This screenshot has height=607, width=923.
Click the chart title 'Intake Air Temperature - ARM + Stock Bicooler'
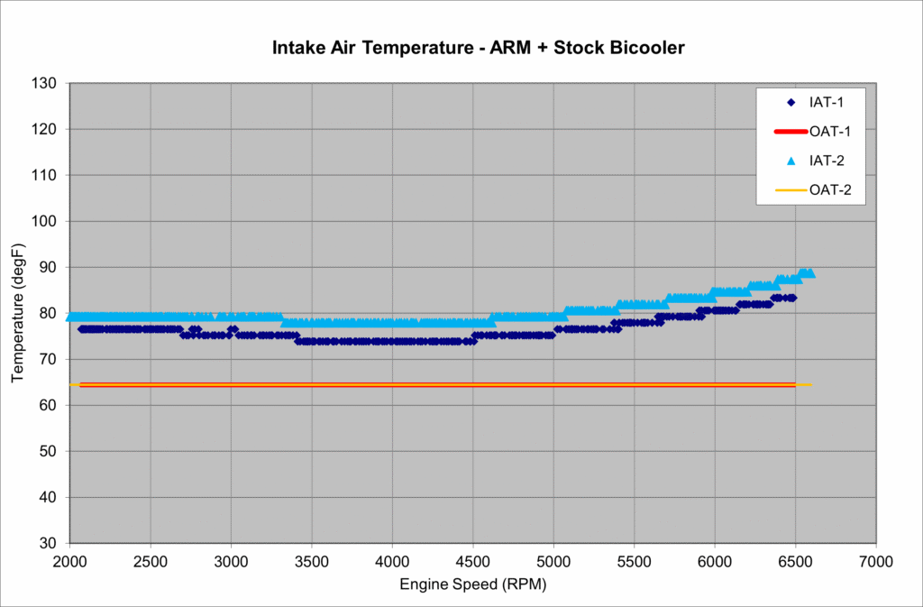coord(479,47)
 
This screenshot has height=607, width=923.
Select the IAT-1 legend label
coord(826,101)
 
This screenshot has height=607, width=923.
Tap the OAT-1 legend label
coord(830,131)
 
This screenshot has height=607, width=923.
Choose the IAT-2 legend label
coord(826,161)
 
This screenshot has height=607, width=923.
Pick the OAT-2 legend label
coord(830,190)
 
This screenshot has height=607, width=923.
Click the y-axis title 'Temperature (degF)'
coord(18,313)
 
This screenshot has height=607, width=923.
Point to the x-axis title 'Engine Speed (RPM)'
coord(472,584)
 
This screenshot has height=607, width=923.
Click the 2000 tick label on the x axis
coord(69,561)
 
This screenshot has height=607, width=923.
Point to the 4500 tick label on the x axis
coord(472,561)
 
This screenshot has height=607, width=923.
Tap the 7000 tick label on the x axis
coord(875,561)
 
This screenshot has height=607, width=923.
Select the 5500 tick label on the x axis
coord(634,561)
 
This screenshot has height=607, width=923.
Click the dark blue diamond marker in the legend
coord(790,101)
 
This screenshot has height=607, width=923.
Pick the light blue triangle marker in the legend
coord(790,161)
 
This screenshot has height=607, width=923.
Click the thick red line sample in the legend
coord(790,131)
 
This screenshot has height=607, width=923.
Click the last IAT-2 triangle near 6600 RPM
coord(809,272)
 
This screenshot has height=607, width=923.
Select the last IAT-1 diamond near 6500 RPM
coord(792,298)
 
